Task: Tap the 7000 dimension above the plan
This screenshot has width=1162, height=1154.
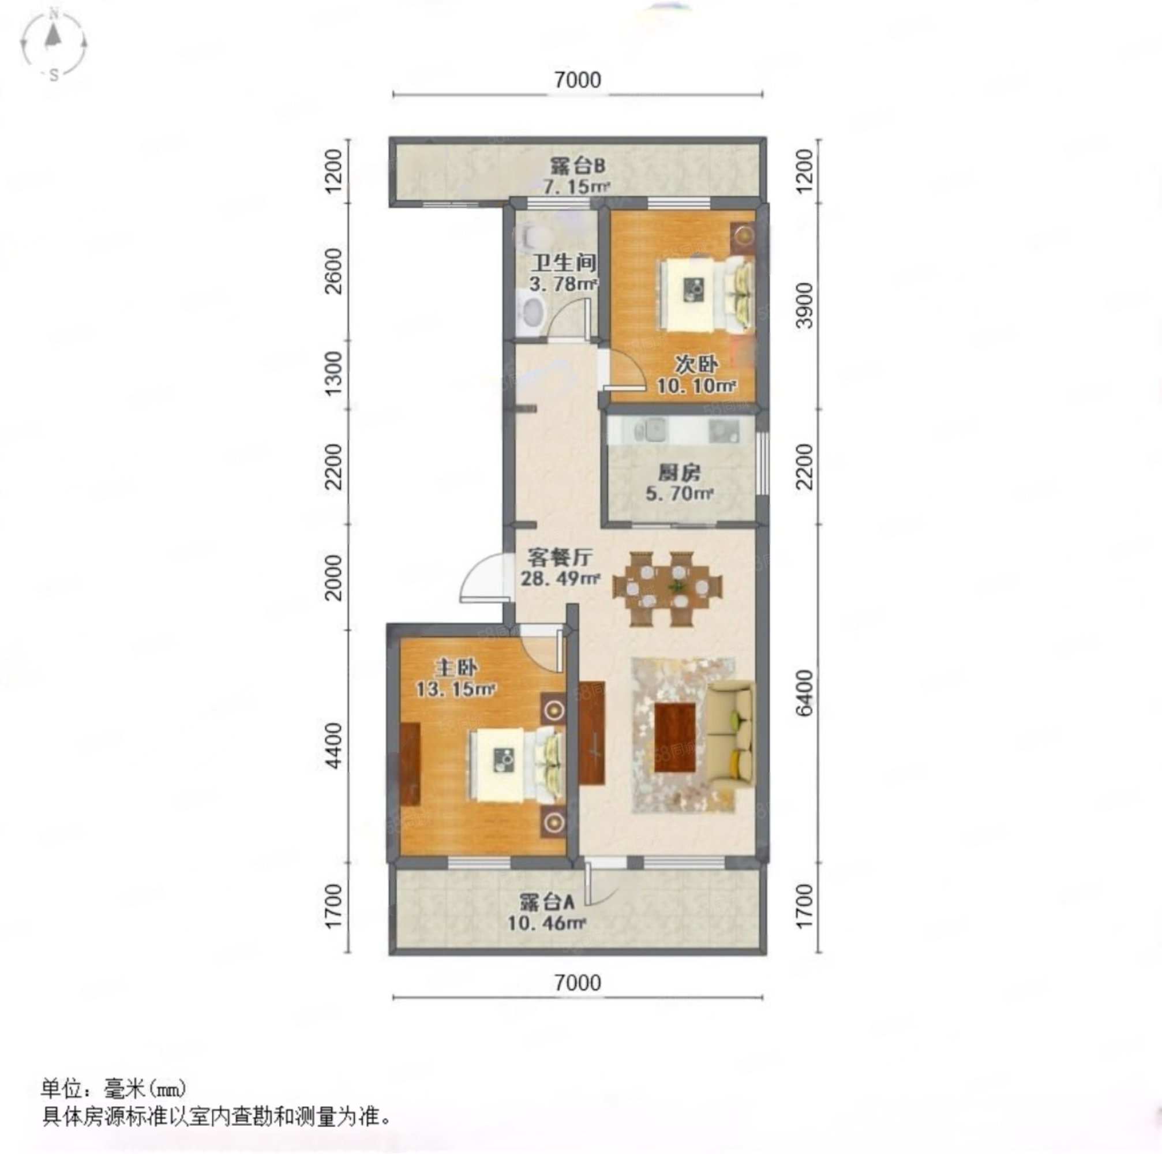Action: pos(578,80)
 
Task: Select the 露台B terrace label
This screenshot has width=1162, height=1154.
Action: pos(578,166)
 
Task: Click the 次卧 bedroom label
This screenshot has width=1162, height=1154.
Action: pos(696,365)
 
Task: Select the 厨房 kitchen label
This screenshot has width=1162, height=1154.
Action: pos(679,473)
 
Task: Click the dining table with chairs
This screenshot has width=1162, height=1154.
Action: pos(668,588)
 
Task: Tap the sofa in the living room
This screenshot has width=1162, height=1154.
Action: pos(729,732)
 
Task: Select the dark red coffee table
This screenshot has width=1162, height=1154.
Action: pos(676,737)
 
